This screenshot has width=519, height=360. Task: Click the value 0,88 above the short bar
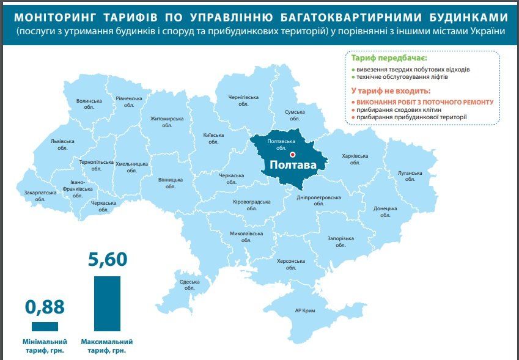point(45,306)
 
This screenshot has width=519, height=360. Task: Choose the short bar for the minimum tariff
point(45,326)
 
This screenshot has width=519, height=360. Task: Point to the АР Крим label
point(305,311)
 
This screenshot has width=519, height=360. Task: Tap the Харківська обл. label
point(355,159)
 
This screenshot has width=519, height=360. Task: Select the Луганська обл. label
point(409,176)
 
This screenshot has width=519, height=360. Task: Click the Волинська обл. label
point(89,104)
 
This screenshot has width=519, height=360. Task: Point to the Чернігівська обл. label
point(243,100)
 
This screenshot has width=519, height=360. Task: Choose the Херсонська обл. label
point(290,264)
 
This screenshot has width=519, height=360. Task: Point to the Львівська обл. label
point(62,144)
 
